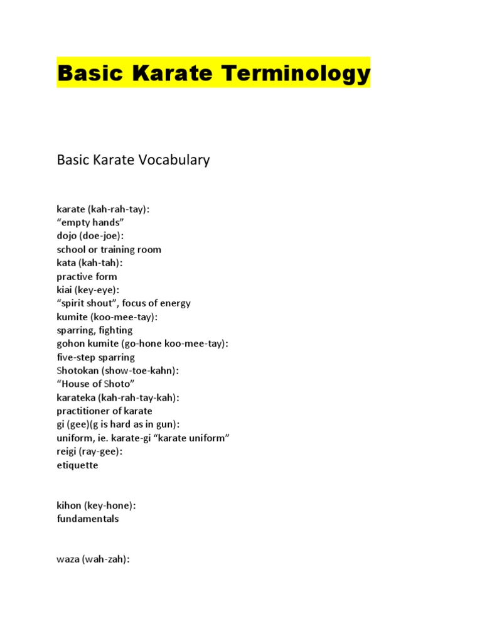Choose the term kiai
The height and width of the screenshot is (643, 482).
(x=64, y=290)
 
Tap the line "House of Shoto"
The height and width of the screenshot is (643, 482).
(x=95, y=384)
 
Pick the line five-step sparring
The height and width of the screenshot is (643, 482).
(x=95, y=357)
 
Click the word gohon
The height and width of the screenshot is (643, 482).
(x=70, y=344)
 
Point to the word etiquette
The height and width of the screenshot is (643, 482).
(x=77, y=465)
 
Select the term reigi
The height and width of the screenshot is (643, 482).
(x=66, y=452)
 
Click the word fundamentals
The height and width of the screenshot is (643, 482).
(x=87, y=519)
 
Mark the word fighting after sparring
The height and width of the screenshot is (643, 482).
(x=115, y=330)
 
